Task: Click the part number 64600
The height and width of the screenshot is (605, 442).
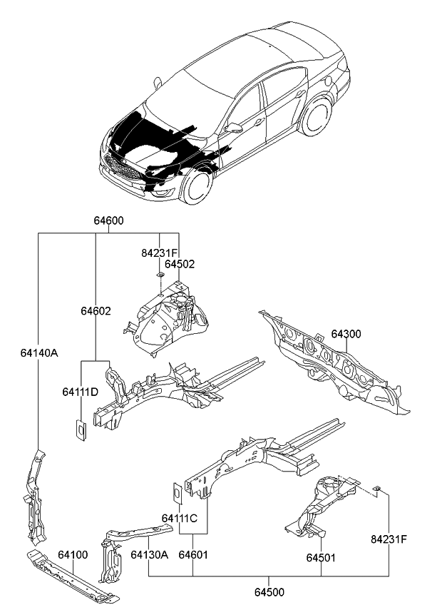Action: coord(108,221)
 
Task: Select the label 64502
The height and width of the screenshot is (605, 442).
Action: coord(180,263)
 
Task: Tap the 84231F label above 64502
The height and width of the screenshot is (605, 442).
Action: coord(159,253)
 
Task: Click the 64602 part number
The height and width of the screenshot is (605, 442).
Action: coord(95,311)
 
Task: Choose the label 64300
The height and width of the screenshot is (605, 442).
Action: coord(347,335)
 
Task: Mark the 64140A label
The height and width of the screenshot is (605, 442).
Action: coord(39,352)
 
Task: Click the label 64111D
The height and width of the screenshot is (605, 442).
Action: coord(79,392)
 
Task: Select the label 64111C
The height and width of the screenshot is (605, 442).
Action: coord(179,518)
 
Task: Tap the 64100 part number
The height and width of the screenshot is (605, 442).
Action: coord(73,554)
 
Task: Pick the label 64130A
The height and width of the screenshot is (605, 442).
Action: coord(149,554)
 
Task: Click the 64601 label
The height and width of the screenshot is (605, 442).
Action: coord(193,554)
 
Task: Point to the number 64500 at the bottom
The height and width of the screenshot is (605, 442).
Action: coord(269,591)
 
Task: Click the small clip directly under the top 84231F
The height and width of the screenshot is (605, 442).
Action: coord(160,275)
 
